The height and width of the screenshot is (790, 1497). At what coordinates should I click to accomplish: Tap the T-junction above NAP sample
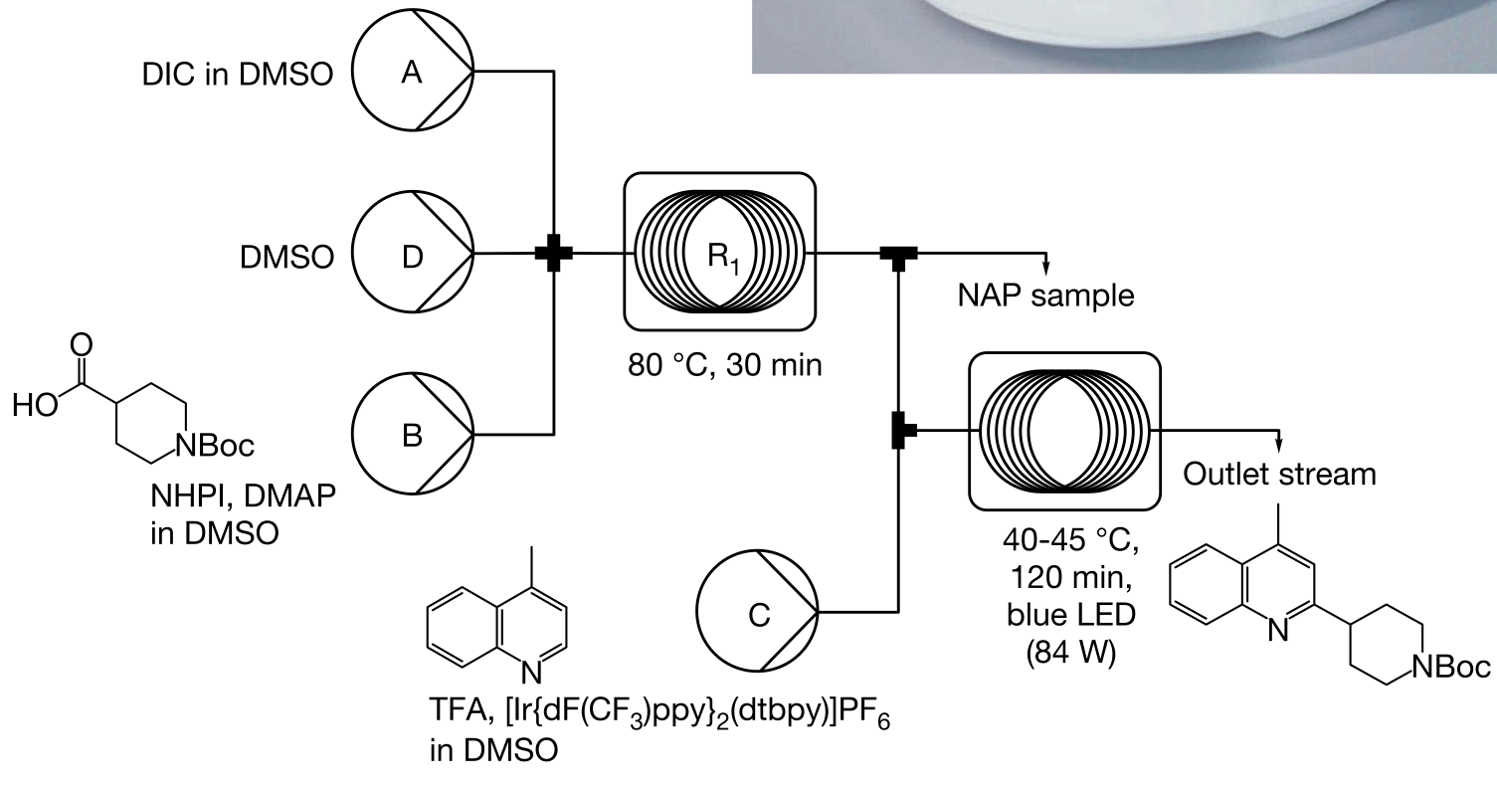[x=898, y=256]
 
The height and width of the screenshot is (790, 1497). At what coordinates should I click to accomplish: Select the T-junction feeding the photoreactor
[x=900, y=431]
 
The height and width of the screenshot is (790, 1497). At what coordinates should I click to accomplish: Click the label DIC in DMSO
[x=238, y=74]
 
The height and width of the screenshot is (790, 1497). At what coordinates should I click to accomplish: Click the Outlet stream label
[x=1280, y=474]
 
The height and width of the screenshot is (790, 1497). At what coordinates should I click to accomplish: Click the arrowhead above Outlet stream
[x=1279, y=443]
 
